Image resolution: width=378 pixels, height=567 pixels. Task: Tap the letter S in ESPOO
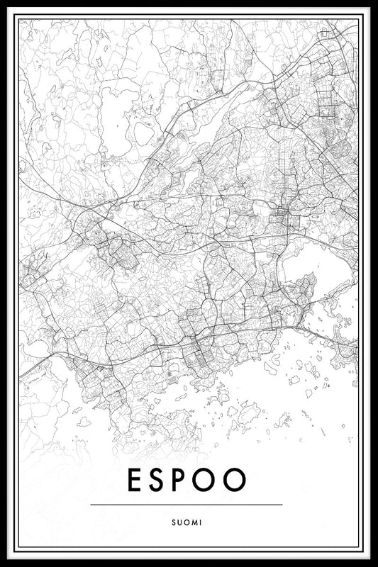(160, 480)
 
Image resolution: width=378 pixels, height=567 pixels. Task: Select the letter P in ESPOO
(185, 480)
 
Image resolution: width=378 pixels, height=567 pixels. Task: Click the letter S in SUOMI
(173, 523)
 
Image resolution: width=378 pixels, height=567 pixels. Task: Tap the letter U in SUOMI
(179, 523)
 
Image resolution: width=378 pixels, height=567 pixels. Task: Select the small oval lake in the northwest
(143, 133)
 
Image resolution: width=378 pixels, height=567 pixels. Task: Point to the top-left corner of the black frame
(9, 9)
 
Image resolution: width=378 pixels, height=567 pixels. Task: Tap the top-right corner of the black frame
(369, 9)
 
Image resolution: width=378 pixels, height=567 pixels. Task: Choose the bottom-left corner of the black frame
(9, 558)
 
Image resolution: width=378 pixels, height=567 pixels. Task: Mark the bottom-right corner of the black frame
(369, 558)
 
